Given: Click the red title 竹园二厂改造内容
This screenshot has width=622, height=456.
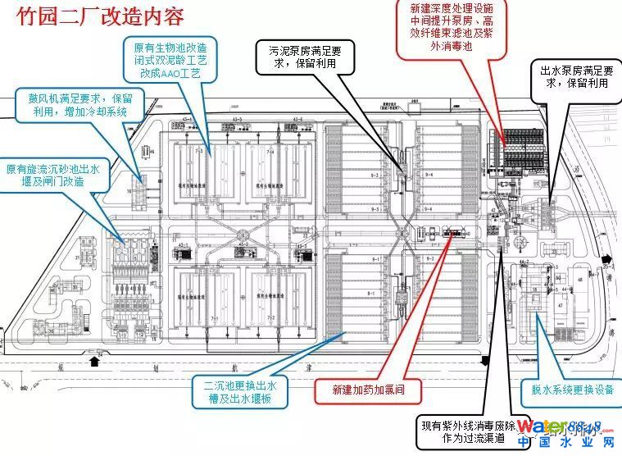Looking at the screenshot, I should (x=95, y=17).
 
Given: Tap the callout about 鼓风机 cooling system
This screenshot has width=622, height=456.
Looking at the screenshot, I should (x=74, y=105).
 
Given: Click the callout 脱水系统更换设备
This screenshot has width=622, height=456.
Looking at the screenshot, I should (x=568, y=390).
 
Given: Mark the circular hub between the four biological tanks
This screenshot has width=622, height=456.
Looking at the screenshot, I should (x=241, y=244).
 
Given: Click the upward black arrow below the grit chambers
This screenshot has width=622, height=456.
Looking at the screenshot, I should (x=95, y=358).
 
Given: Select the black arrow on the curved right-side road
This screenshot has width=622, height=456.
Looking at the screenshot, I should (x=605, y=255).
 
